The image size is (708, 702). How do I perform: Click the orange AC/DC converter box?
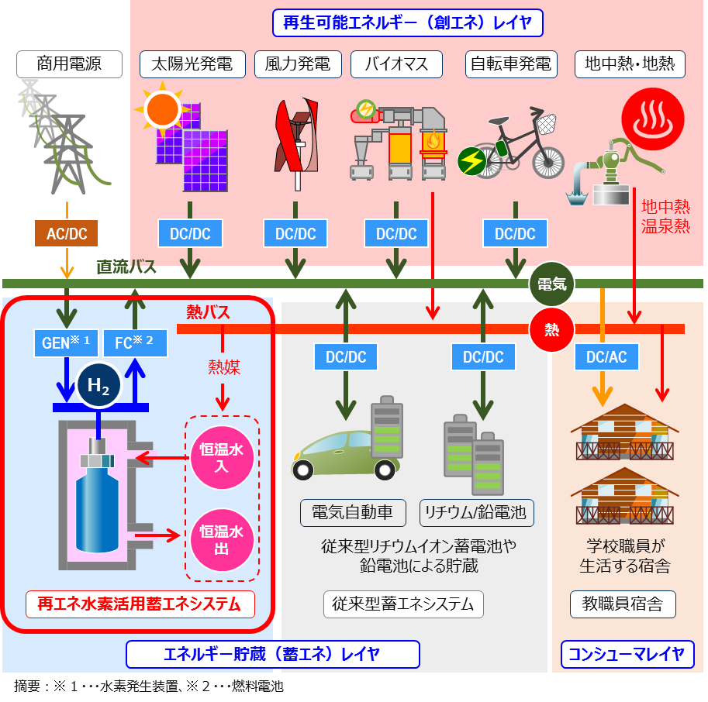[x=67, y=232]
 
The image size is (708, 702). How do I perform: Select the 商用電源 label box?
[x=69, y=64]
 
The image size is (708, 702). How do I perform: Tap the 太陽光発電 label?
[x=192, y=64]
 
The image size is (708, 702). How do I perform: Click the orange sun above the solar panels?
[x=162, y=109]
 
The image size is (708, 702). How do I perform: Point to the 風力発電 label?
[x=297, y=64]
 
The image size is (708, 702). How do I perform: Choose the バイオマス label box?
[x=395, y=64]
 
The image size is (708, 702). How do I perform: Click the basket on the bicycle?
[x=547, y=122]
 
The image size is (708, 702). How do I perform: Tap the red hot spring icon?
[x=653, y=116]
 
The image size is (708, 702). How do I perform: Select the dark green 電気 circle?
[x=552, y=284]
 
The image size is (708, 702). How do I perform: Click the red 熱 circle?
[x=552, y=329]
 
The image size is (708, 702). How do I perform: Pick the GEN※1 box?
[x=66, y=342]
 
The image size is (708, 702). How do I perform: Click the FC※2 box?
[x=134, y=342]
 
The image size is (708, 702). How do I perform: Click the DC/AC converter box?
[x=606, y=356]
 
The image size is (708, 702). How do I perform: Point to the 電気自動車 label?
[x=353, y=512]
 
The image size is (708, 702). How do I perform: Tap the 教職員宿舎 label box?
[x=622, y=604]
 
